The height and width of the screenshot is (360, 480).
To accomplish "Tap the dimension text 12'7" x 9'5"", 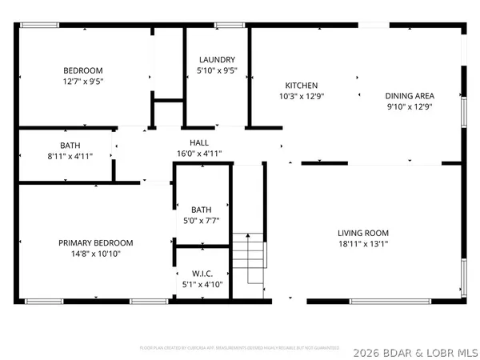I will click(x=84, y=81).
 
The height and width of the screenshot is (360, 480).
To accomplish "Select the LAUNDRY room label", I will click(x=217, y=59).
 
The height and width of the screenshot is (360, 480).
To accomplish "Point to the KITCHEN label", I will click(x=302, y=85).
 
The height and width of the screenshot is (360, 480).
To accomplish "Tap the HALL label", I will click(x=199, y=142).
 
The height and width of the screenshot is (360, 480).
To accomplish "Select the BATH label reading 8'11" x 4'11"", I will click(x=70, y=146).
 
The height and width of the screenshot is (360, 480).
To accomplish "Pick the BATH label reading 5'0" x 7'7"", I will click(x=201, y=210).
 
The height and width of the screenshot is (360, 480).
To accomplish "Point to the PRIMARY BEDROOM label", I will click(x=95, y=242).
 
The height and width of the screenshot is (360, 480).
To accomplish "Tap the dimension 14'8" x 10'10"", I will click(x=95, y=254).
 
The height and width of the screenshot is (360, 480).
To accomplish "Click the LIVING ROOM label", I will click(x=362, y=233).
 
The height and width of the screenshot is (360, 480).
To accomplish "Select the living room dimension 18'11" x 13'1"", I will click(x=362, y=245).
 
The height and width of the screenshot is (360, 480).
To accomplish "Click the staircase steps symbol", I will click(x=248, y=256).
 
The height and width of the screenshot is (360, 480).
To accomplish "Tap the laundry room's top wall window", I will click(x=230, y=26).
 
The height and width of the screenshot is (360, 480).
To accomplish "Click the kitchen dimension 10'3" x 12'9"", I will click(x=302, y=96).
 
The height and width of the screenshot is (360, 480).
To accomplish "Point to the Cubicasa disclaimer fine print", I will click(x=239, y=348).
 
